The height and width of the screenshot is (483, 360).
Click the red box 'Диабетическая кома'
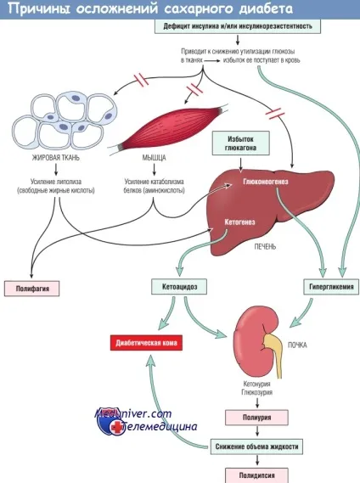point(146,343)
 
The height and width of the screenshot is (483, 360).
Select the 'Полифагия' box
point(31,289)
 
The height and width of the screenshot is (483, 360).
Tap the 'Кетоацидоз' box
point(179,287)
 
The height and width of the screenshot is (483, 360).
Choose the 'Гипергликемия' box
point(331,287)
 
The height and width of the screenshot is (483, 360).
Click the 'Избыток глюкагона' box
point(241,143)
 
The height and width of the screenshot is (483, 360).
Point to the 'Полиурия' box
point(256,418)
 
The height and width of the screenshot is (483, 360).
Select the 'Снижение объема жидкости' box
point(256,446)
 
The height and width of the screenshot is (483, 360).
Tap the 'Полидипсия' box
point(256,475)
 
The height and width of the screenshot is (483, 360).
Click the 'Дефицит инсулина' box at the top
point(238,26)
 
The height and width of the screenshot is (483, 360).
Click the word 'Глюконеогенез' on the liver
point(266,182)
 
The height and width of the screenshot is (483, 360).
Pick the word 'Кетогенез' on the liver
point(239,222)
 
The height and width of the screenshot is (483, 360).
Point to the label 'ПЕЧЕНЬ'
point(265,246)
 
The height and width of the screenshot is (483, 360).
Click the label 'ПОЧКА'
point(297,345)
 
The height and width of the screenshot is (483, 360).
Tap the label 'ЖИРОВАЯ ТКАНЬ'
point(56,158)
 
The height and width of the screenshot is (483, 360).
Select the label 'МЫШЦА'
point(155,158)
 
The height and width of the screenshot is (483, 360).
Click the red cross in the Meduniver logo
point(117,427)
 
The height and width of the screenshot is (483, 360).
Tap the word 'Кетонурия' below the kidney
point(256,384)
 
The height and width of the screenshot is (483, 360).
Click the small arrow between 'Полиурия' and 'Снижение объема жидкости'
point(257,431)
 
